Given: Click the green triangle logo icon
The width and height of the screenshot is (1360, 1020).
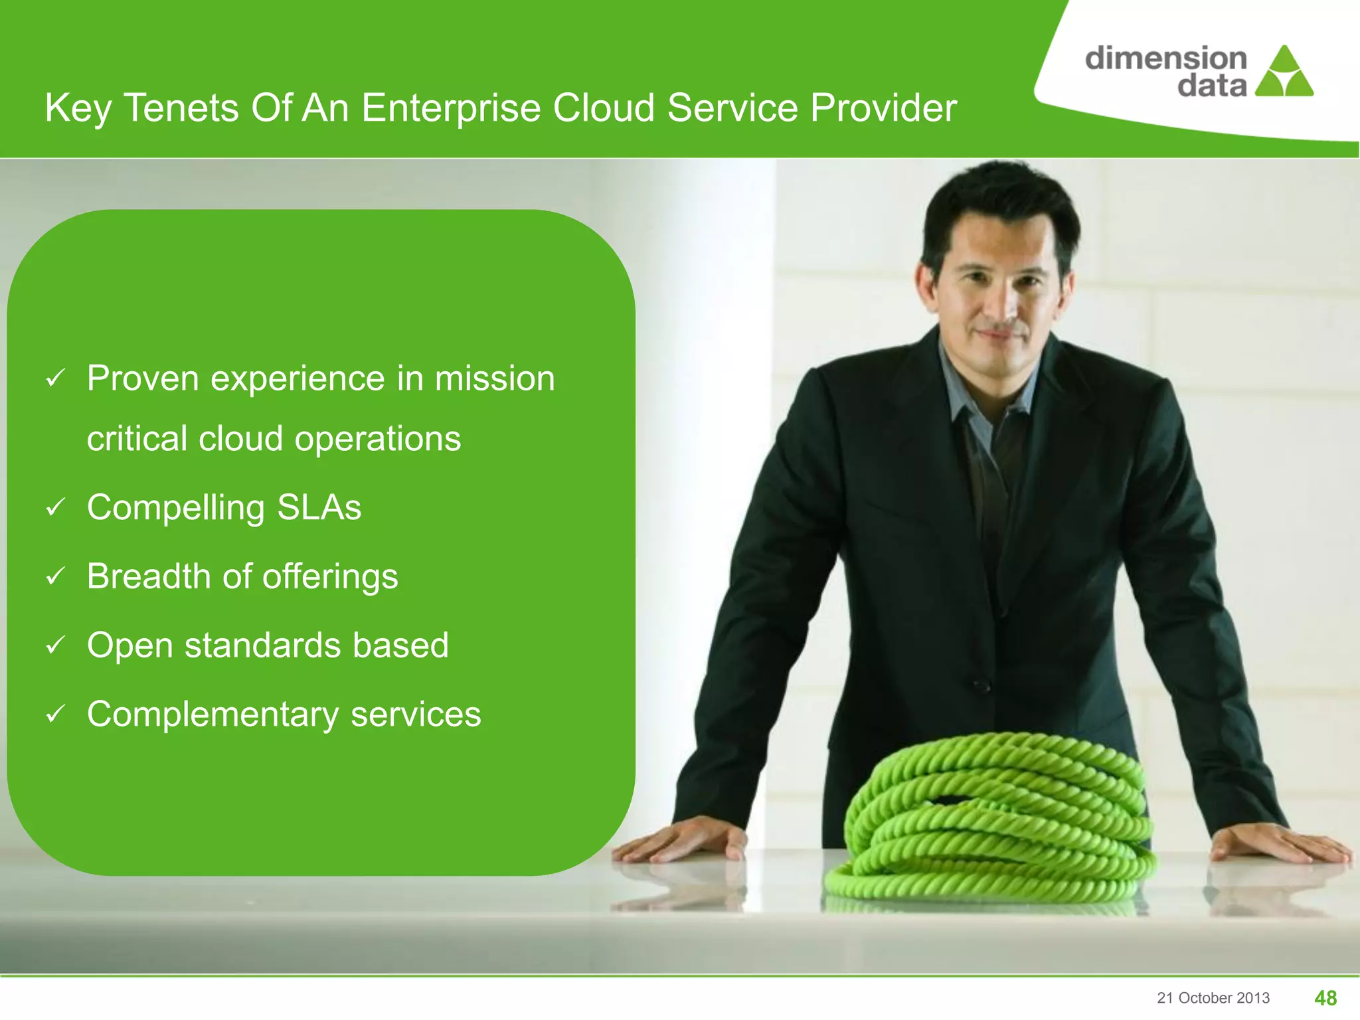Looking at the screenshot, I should click(1284, 73).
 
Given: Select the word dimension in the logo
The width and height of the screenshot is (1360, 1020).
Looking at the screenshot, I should click(1165, 58).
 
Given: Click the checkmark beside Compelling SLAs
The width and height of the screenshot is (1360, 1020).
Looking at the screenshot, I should click(55, 508).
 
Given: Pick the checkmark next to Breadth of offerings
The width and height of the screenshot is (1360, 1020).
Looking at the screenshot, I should click(55, 576).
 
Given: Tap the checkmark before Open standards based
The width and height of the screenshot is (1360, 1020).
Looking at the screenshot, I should click(55, 645).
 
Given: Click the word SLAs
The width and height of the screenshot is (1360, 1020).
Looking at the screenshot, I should click(319, 508).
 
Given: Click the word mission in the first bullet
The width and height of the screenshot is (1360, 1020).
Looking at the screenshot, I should click(494, 379).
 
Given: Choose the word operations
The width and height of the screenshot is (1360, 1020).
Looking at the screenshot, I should click(377, 440).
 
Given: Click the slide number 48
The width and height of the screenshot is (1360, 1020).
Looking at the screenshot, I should click(1325, 998).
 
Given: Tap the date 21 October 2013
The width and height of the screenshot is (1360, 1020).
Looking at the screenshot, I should click(1213, 998).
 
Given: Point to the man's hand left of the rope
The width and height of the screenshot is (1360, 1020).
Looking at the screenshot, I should click(684, 840).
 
